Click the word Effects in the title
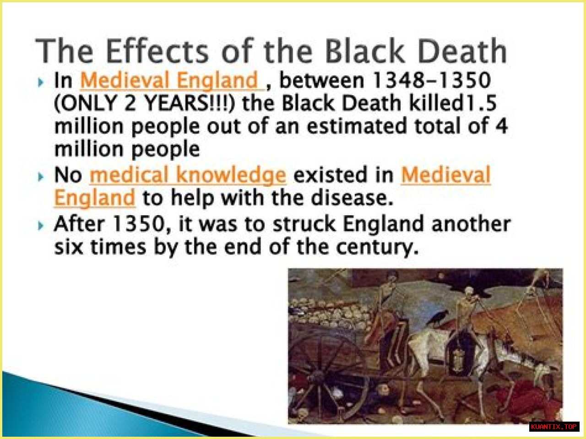pos(157,51)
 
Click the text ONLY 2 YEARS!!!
pos(144,103)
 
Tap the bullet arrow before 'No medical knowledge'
pos(41,177)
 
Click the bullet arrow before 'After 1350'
pos(41,226)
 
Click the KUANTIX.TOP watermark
pos(554,427)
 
